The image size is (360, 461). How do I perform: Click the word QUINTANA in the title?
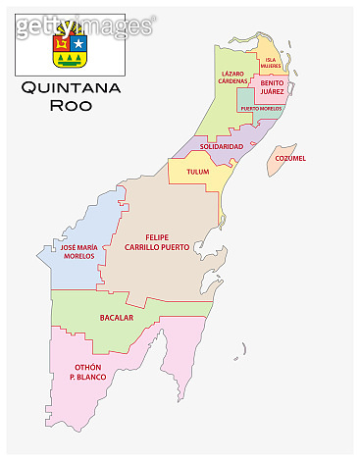(x=69, y=89)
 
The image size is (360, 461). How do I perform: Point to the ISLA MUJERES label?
(x=271, y=63)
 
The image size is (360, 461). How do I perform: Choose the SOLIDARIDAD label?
(x=221, y=146)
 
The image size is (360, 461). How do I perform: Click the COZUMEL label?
(x=290, y=157)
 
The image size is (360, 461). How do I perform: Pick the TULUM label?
(x=198, y=172)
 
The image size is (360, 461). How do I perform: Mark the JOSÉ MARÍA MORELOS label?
(x=77, y=253)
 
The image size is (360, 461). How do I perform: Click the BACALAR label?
(x=117, y=318)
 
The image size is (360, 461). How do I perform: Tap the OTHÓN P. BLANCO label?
(x=87, y=372)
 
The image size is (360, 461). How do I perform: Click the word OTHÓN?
(x=87, y=367)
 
